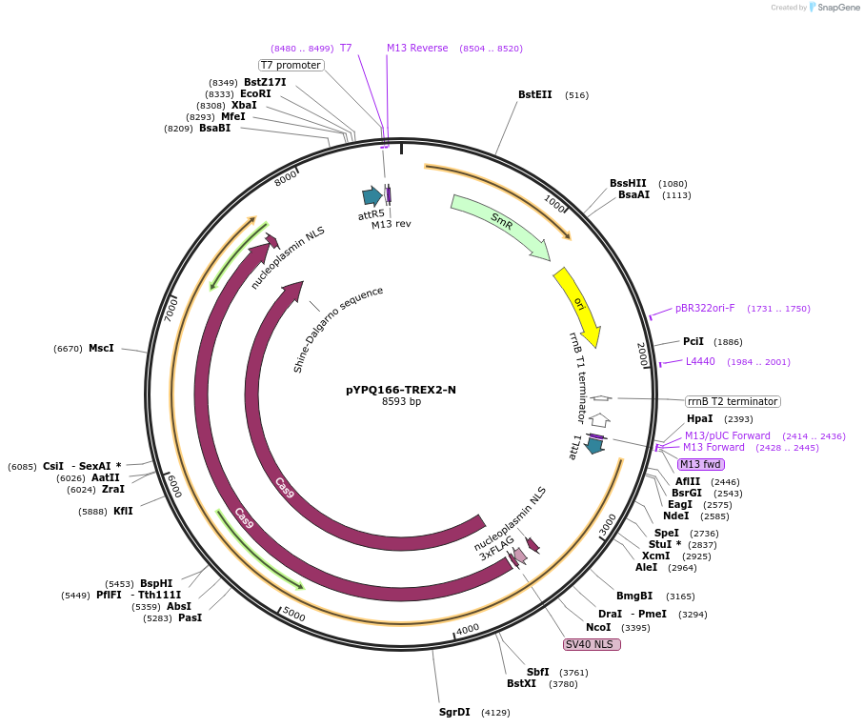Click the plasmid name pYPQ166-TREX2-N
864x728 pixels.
[x=401, y=390]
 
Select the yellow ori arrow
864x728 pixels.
[x=577, y=305]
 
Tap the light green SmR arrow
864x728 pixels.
[x=499, y=225]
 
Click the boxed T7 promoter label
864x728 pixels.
[x=291, y=65]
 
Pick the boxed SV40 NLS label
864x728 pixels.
[x=592, y=645]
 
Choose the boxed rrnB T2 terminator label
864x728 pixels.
[x=733, y=401]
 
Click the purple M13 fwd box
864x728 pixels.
[x=701, y=464]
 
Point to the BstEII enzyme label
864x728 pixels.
[x=535, y=95]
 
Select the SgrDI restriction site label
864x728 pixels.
[x=454, y=712]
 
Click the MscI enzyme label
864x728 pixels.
[x=101, y=349]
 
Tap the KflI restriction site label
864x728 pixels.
[x=123, y=512]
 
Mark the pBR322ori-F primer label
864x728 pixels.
[x=705, y=308]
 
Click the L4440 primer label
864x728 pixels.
[x=700, y=361]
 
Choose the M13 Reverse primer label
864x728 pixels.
[x=417, y=48]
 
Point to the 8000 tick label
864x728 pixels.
[x=286, y=178]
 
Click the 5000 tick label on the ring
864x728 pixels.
[x=293, y=616]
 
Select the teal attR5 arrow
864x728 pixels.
[x=372, y=196]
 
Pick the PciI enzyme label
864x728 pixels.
[x=693, y=341]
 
